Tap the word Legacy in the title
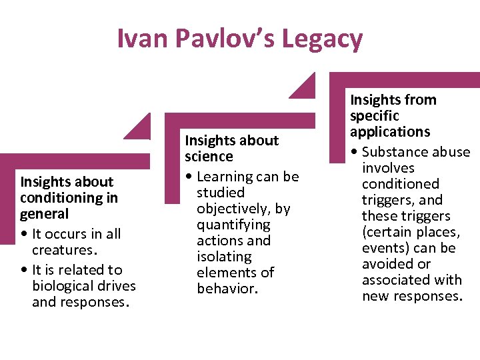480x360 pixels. [x=322, y=39]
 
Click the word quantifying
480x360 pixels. [x=233, y=225]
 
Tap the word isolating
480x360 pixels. [x=224, y=257]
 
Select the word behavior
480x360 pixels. [x=227, y=289]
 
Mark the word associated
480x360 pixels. [x=392, y=280]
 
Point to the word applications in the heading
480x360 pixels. [x=390, y=132]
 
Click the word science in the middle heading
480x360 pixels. [x=209, y=157]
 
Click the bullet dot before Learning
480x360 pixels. [x=189, y=177]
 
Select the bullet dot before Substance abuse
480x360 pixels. [x=355, y=152]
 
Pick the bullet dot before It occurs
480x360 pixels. [x=25, y=234]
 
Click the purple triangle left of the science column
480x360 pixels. [x=141, y=128]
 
